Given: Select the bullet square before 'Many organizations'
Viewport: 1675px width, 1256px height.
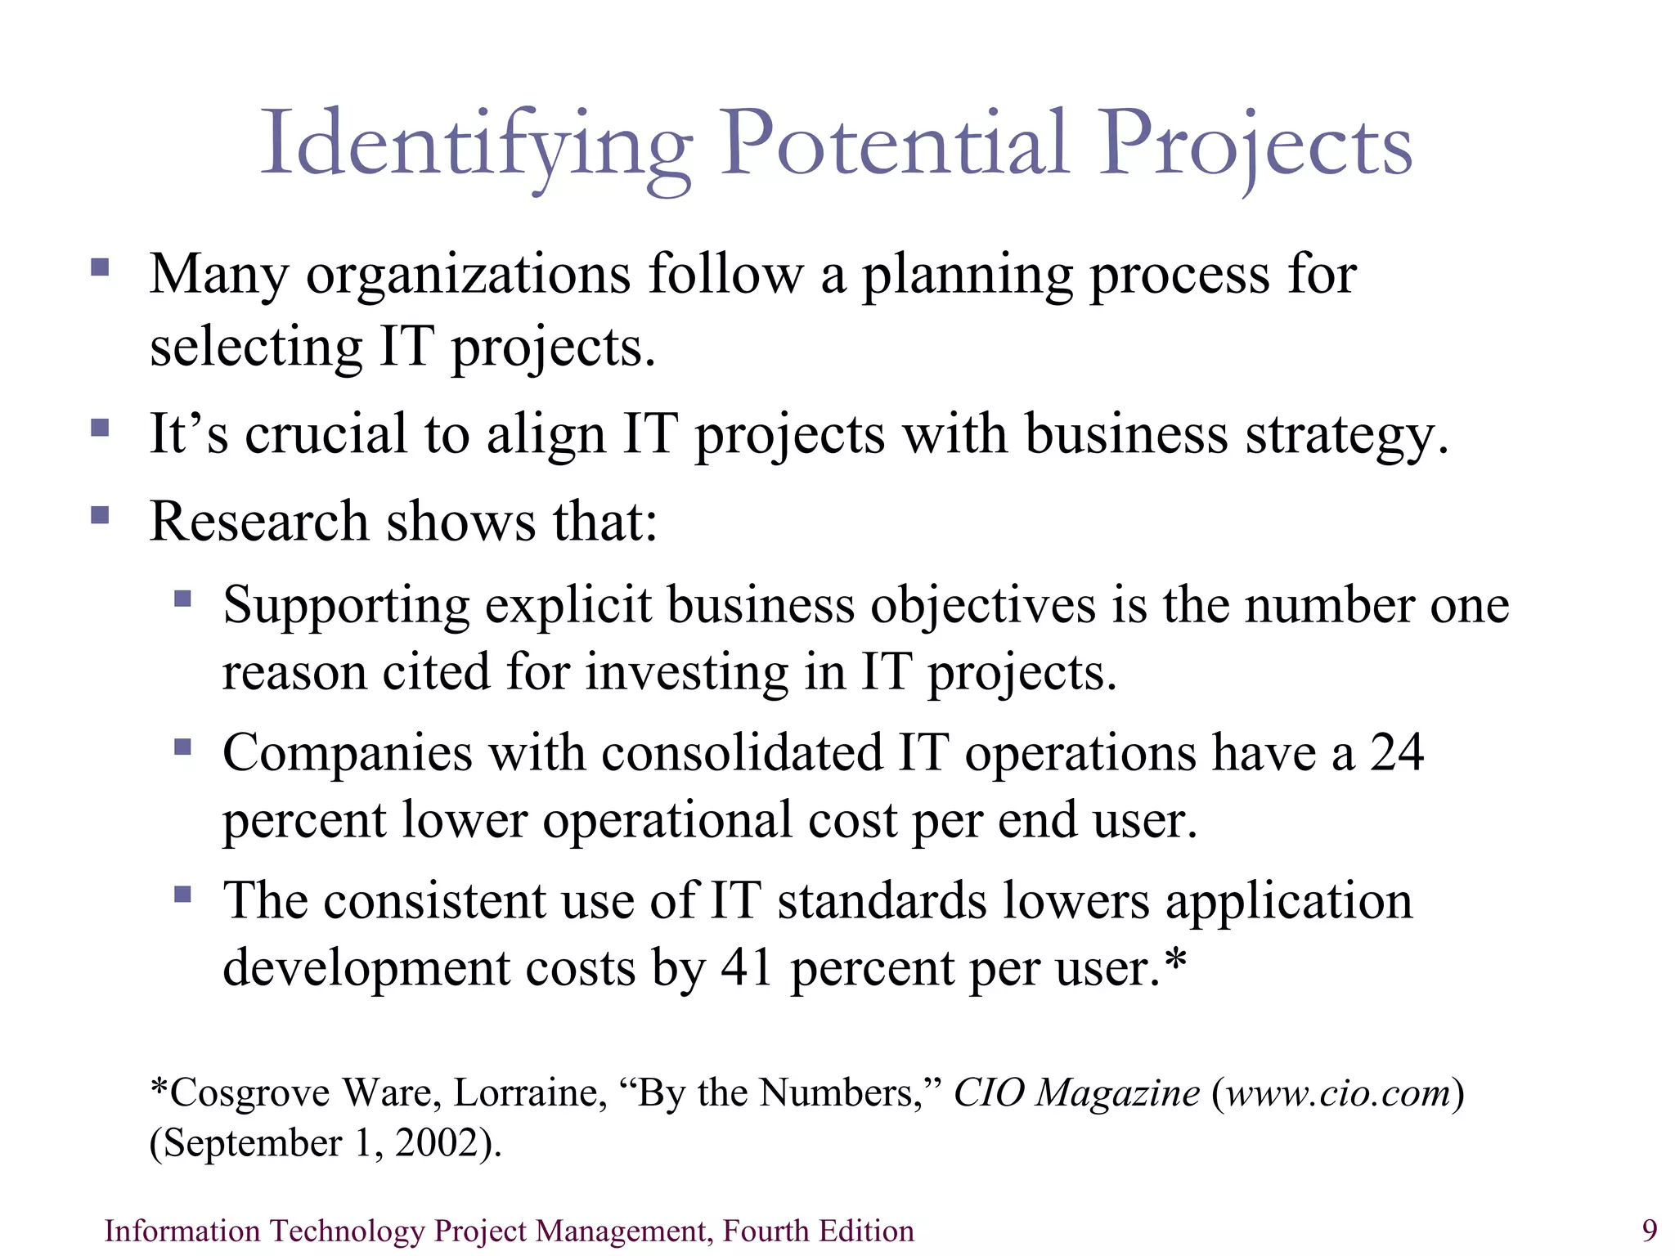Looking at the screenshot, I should click(x=100, y=267).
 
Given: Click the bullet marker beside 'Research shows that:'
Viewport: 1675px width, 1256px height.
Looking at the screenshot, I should click(x=100, y=515).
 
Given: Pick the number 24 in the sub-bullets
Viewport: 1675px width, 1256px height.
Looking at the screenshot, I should click(x=1397, y=752).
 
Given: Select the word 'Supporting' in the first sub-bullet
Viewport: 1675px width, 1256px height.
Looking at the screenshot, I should click(x=346, y=607).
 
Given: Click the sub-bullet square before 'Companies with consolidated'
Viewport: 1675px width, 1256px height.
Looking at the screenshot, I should click(x=182, y=747).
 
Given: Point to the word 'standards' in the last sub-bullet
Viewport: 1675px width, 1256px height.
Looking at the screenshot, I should click(x=882, y=901).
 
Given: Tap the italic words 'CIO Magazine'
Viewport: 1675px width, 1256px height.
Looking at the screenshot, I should click(x=1076, y=1093).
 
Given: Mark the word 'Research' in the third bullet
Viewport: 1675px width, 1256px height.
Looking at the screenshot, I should click(x=259, y=522).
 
